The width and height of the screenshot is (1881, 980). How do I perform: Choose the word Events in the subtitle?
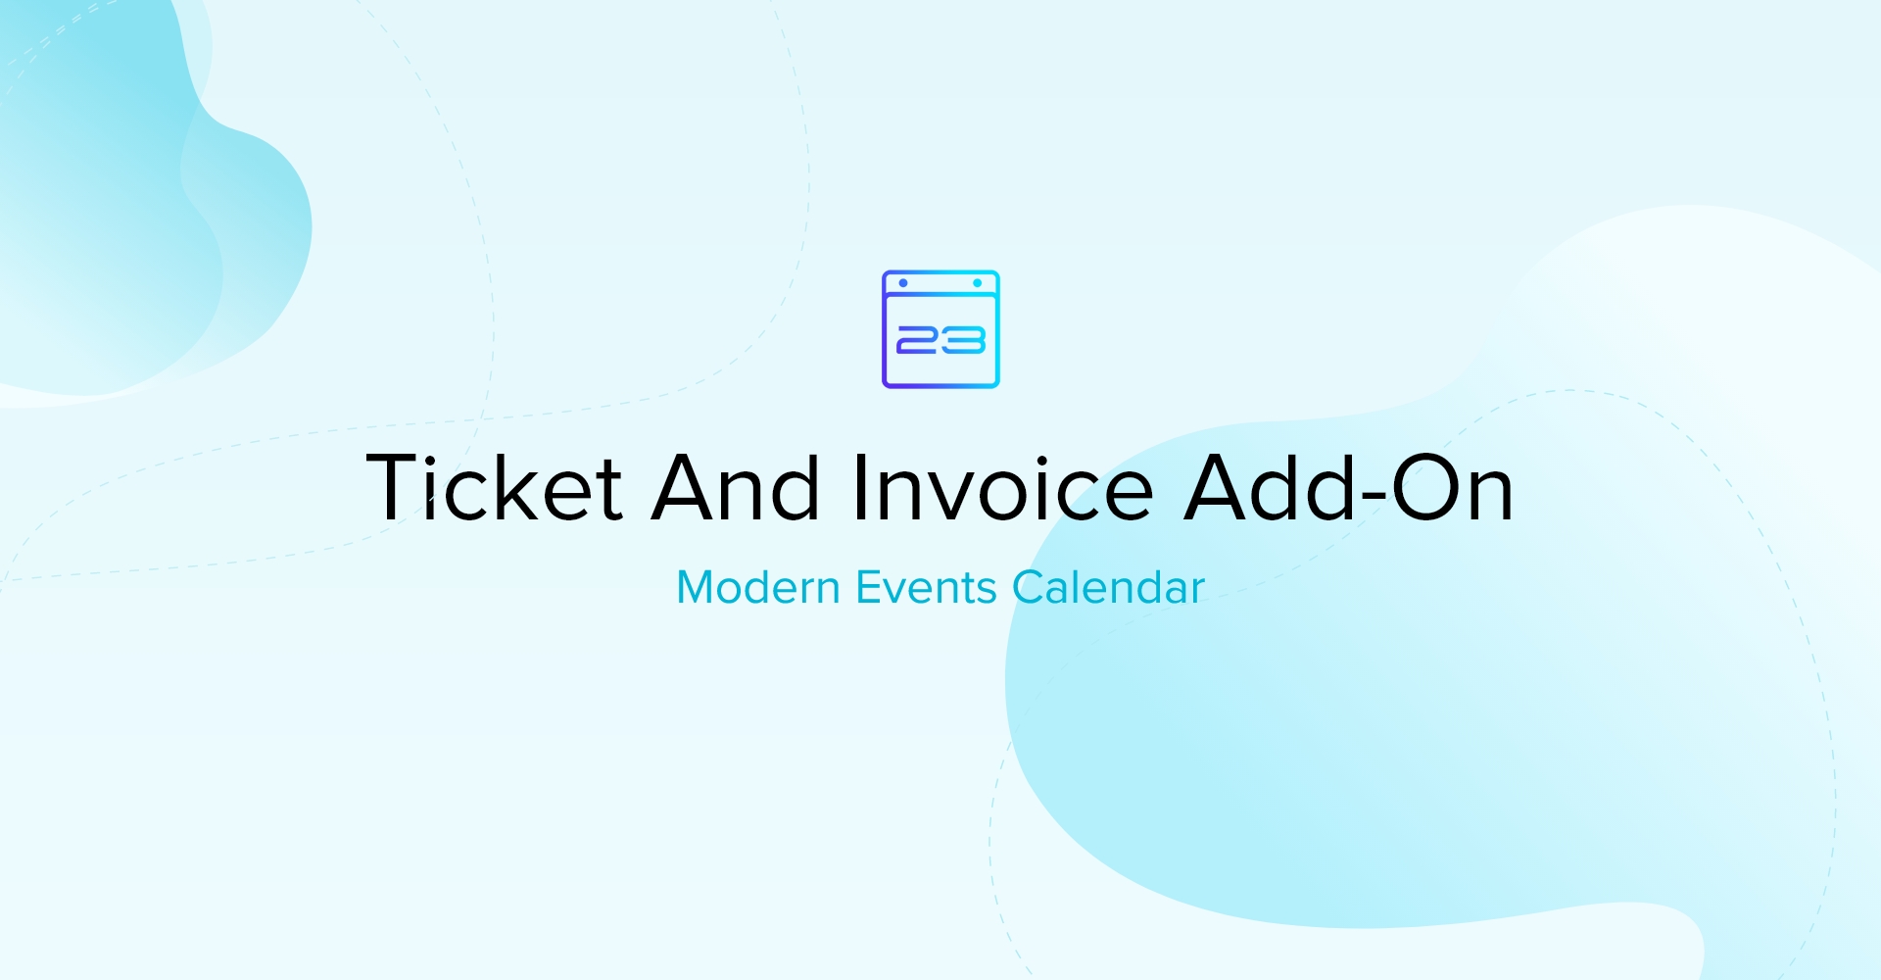[927, 587]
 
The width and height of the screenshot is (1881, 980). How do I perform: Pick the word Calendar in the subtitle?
[1108, 587]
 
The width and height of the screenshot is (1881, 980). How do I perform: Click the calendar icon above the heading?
[940, 329]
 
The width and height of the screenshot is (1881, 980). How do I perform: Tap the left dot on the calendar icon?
[903, 283]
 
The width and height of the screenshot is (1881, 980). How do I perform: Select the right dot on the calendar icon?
[978, 283]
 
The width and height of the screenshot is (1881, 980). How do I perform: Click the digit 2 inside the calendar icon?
[918, 340]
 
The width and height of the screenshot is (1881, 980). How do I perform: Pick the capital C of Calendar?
[1029, 587]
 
